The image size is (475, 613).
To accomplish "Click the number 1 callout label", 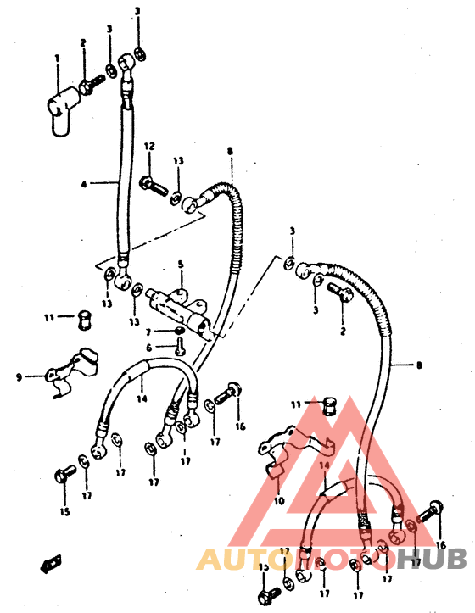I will tap(57, 59).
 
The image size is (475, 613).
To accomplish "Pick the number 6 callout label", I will tap(148, 348).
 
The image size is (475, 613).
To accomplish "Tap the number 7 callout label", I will tap(148, 332).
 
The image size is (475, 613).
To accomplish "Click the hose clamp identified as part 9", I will tap(67, 372).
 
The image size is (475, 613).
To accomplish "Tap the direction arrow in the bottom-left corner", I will tap(52, 560).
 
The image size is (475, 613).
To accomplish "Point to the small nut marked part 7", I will tap(179, 330).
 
